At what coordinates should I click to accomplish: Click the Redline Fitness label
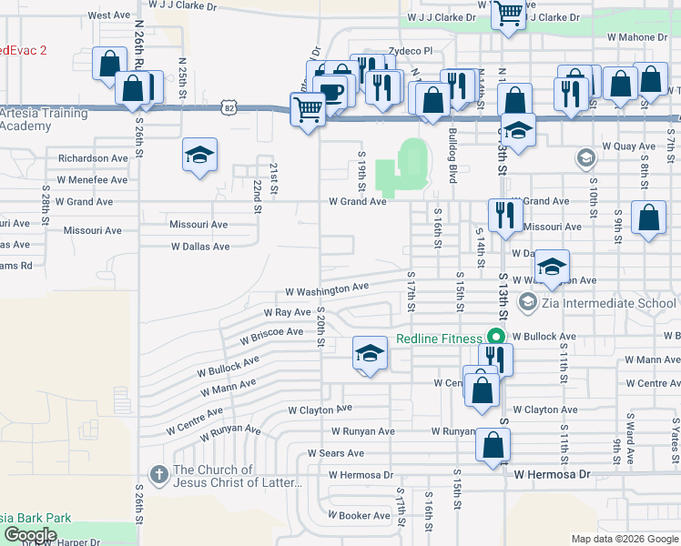pos(439,339)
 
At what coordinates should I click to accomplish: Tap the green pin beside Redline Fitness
pos(496,336)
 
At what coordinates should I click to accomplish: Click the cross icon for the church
pos(159,474)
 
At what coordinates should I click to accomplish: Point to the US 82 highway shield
pos(227,107)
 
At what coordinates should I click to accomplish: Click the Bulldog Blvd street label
pos(452,154)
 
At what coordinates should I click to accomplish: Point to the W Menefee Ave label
pos(92,180)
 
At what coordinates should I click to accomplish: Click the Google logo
pos(30,535)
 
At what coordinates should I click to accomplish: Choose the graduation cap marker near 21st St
pos(199,155)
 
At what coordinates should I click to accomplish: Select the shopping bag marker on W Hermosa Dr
pos(493,446)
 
